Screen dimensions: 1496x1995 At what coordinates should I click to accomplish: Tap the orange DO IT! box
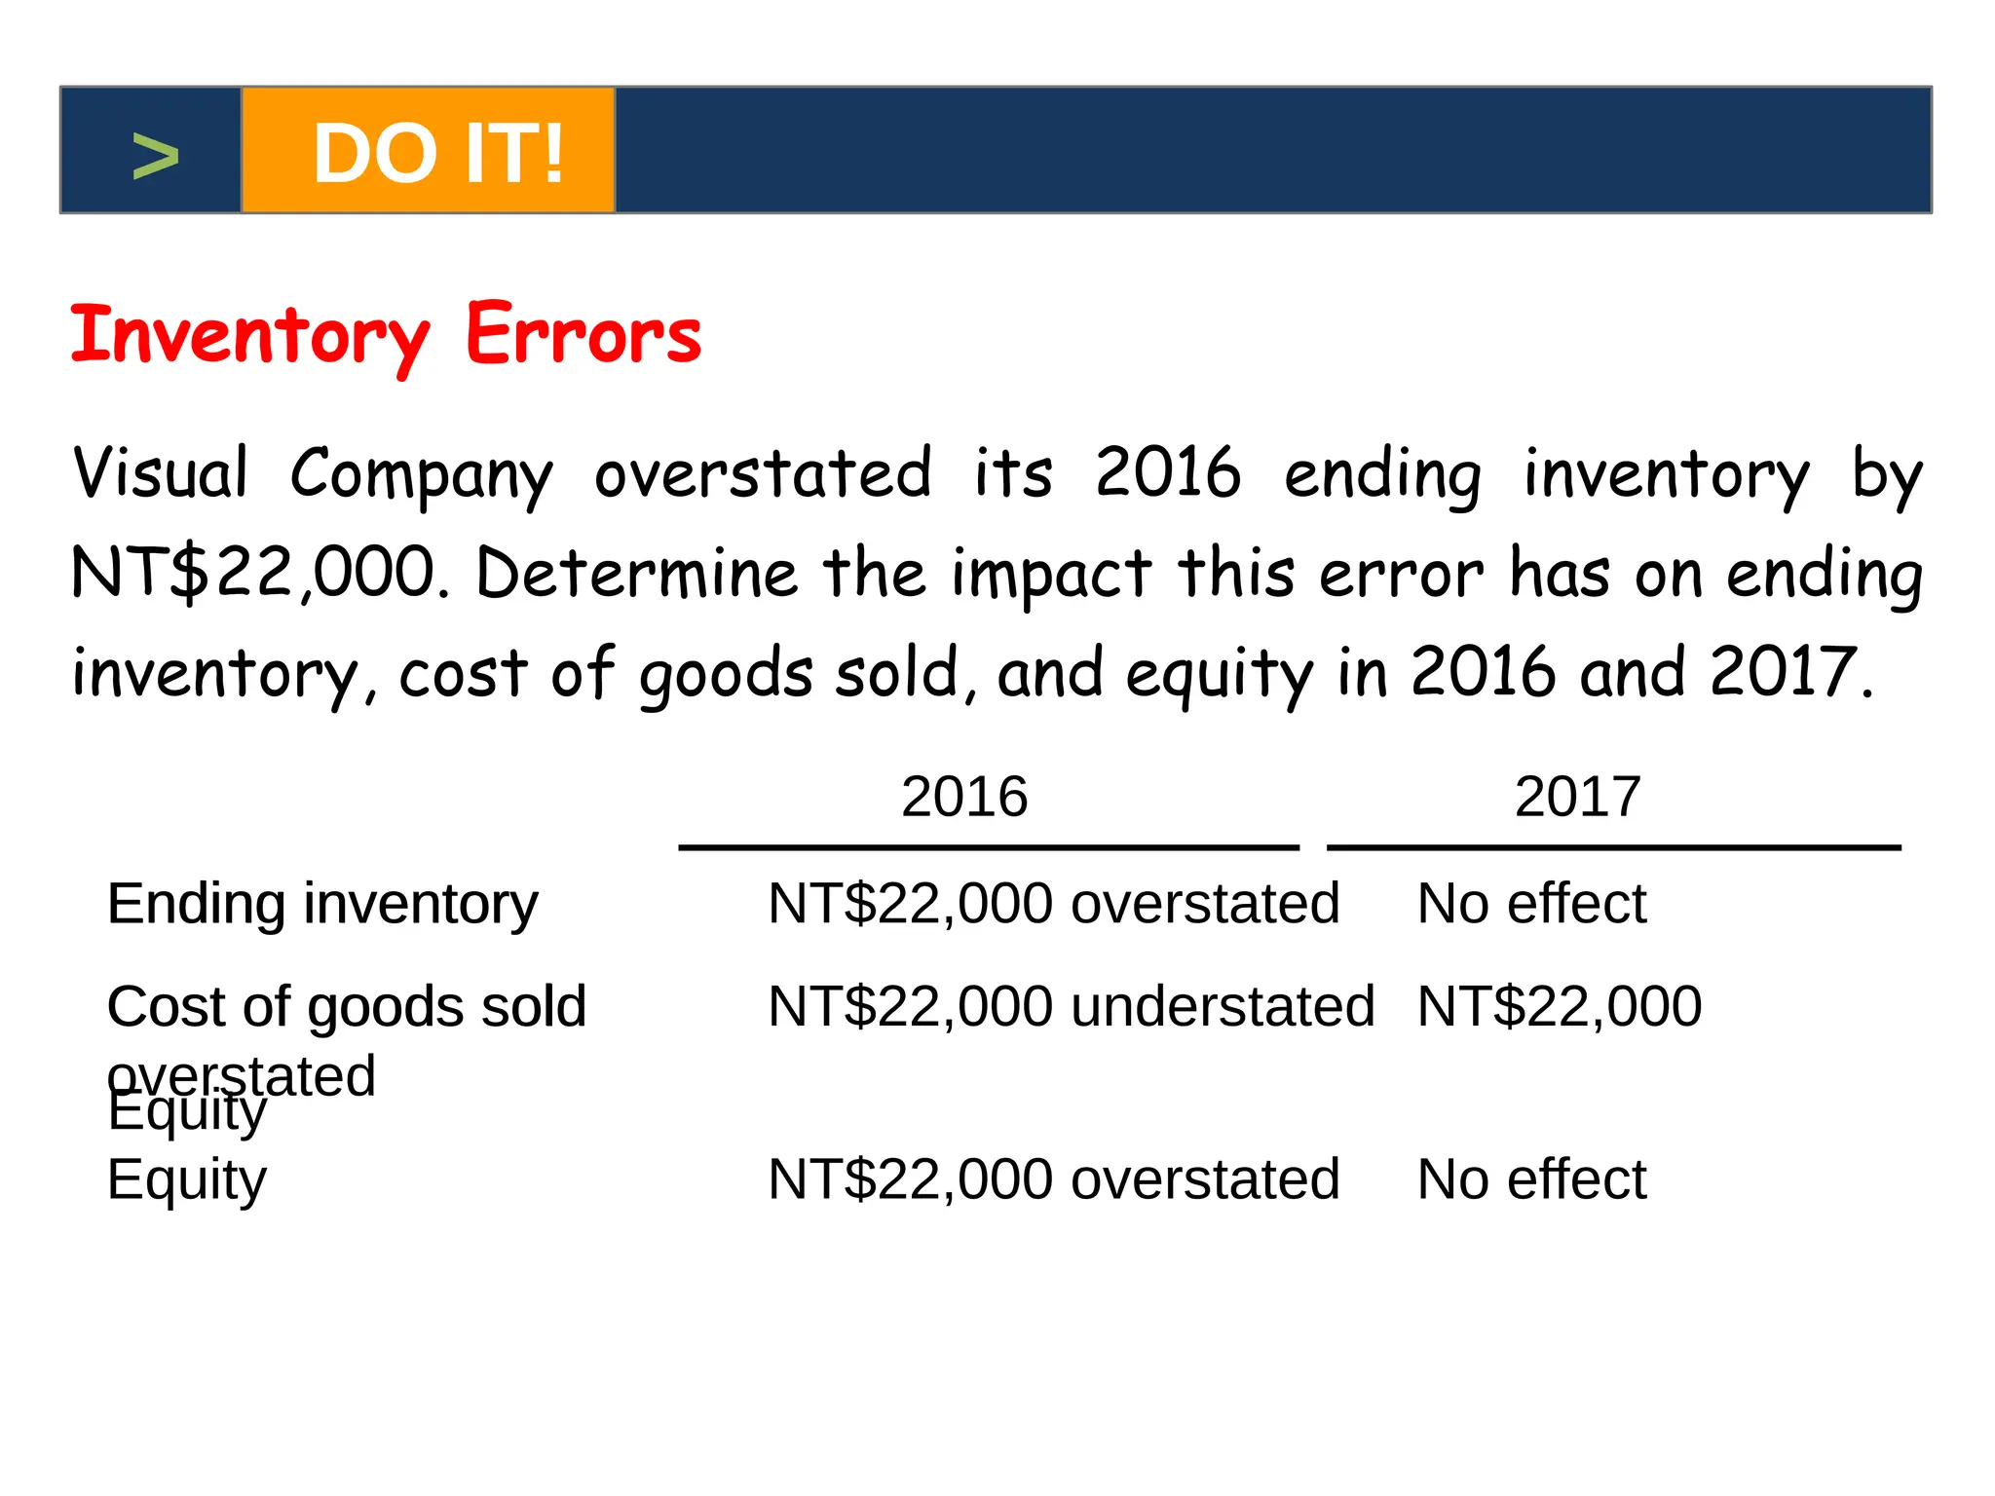pos(429,151)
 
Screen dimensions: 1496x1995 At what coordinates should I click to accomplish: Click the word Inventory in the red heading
pos(249,336)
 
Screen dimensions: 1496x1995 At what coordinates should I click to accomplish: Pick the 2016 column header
pos(964,797)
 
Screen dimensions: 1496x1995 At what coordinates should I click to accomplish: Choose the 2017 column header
pos(1577,797)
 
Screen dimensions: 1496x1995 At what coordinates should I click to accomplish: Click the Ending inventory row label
pos(322,904)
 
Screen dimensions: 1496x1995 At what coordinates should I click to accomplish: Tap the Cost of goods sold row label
pos(347,1006)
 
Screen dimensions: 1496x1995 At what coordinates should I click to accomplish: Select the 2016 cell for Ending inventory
pos(1053,904)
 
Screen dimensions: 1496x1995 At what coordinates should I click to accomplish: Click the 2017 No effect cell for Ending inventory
pos(1531,904)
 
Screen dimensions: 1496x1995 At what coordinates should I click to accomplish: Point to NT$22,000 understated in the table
pos(1071,1006)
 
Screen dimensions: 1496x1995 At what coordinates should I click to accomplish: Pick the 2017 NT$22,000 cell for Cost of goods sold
pos(1559,1006)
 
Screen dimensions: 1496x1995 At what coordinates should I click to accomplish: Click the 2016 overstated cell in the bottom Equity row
pos(1053,1179)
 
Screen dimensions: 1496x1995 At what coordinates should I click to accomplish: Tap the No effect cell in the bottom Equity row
pos(1531,1179)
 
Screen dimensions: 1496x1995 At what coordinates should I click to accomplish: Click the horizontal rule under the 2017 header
pos(1613,848)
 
